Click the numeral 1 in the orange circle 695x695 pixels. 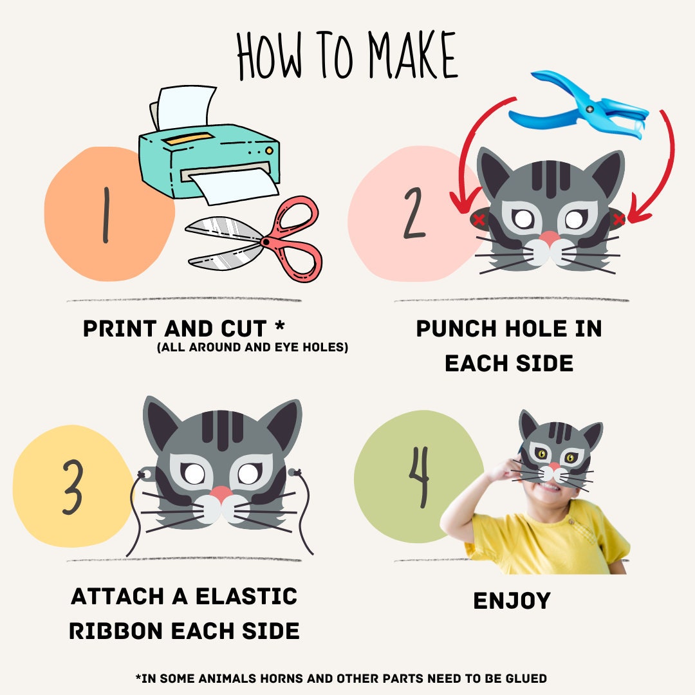tap(106, 215)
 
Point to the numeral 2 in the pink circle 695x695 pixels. tap(414, 213)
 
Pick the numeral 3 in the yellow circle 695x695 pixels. tap(73, 486)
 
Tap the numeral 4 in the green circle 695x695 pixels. tap(420, 476)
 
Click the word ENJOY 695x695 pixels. tap(512, 601)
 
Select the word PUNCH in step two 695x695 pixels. tap(456, 329)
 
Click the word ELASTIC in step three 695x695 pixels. tap(246, 596)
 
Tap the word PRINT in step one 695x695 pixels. tap(120, 329)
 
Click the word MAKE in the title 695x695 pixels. tap(412, 55)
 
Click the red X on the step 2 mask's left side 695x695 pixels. tap(479, 219)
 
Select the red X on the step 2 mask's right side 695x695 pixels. tap(619, 219)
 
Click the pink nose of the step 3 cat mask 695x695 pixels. tap(221, 494)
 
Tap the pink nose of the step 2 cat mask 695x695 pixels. tap(550, 238)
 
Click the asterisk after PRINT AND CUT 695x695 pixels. tap(280, 326)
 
